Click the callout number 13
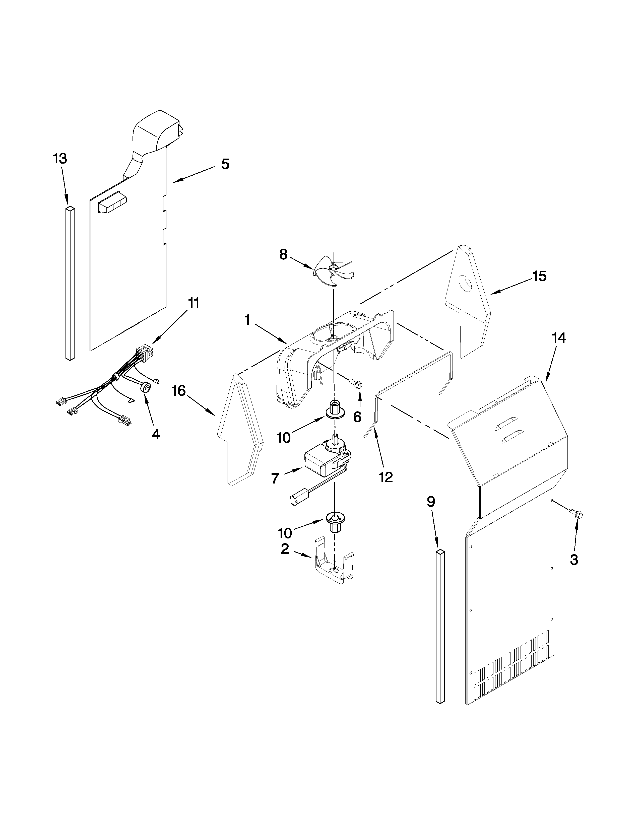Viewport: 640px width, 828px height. (x=60, y=159)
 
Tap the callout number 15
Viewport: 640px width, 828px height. (x=539, y=277)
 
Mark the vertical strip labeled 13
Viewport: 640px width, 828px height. (x=70, y=283)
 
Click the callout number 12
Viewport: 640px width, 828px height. (x=386, y=477)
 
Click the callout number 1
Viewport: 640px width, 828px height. (x=247, y=320)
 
